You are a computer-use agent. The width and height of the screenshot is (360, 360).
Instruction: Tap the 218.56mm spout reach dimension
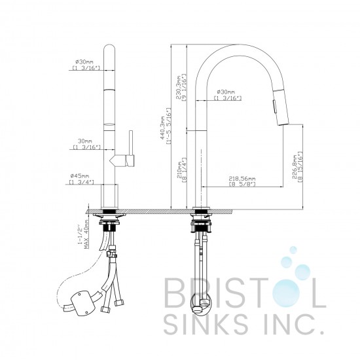point(242,178)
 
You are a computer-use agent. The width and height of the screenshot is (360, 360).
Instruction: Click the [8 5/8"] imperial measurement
point(242,185)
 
